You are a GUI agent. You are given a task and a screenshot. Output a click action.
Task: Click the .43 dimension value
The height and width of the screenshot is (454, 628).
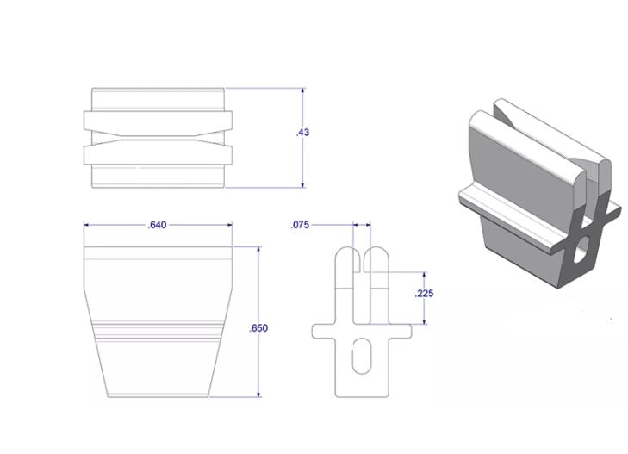click(x=302, y=133)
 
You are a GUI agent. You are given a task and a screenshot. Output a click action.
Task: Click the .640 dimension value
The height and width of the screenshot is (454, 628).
click(x=157, y=225)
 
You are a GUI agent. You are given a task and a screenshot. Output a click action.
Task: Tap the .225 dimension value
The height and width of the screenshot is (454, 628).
click(x=424, y=294)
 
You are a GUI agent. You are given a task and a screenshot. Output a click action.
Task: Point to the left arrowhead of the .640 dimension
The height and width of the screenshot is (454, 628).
click(x=87, y=225)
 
